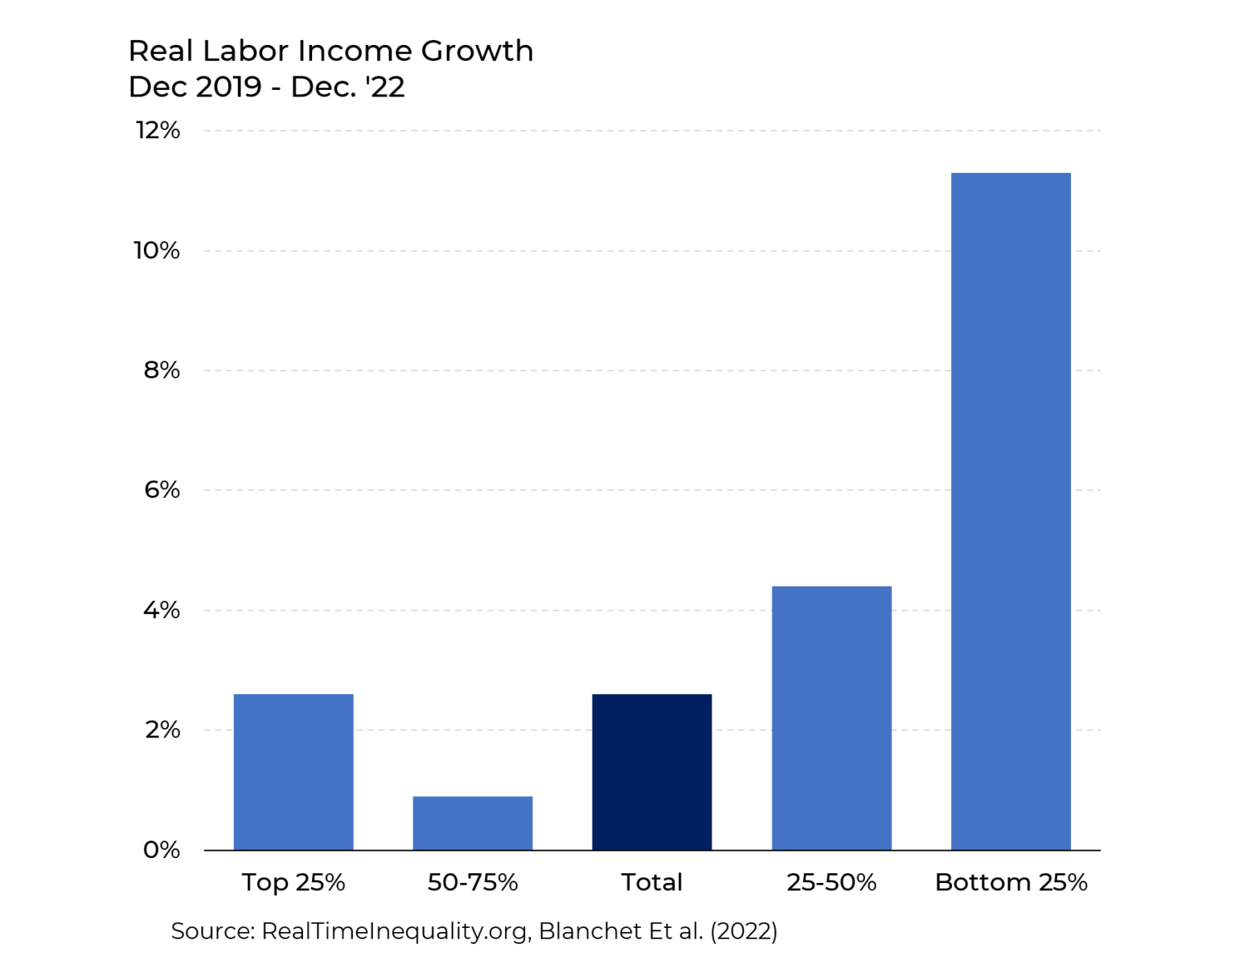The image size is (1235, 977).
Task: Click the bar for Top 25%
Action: click(293, 771)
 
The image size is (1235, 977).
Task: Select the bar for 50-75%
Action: click(473, 823)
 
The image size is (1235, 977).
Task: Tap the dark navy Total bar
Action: click(652, 771)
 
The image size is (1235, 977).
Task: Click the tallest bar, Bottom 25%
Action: click(1011, 511)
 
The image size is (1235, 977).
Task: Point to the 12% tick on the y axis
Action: click(158, 130)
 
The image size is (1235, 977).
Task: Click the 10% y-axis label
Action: click(157, 251)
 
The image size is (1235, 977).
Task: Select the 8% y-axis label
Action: click(162, 370)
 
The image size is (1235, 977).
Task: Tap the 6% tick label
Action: click(162, 490)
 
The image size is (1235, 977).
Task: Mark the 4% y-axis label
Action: click(162, 611)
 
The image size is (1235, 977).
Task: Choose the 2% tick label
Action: click(162, 730)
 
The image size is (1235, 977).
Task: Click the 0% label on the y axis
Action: click(162, 850)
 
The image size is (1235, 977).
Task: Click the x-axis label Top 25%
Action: click(293, 882)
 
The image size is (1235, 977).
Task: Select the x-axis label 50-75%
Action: click(473, 882)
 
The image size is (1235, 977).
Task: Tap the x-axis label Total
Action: click(652, 882)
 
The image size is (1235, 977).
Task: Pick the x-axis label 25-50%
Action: click(831, 882)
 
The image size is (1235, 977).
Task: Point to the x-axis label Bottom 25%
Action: click(1011, 882)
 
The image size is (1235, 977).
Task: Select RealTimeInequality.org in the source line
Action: click(395, 931)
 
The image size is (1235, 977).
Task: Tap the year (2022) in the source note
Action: click(743, 931)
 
